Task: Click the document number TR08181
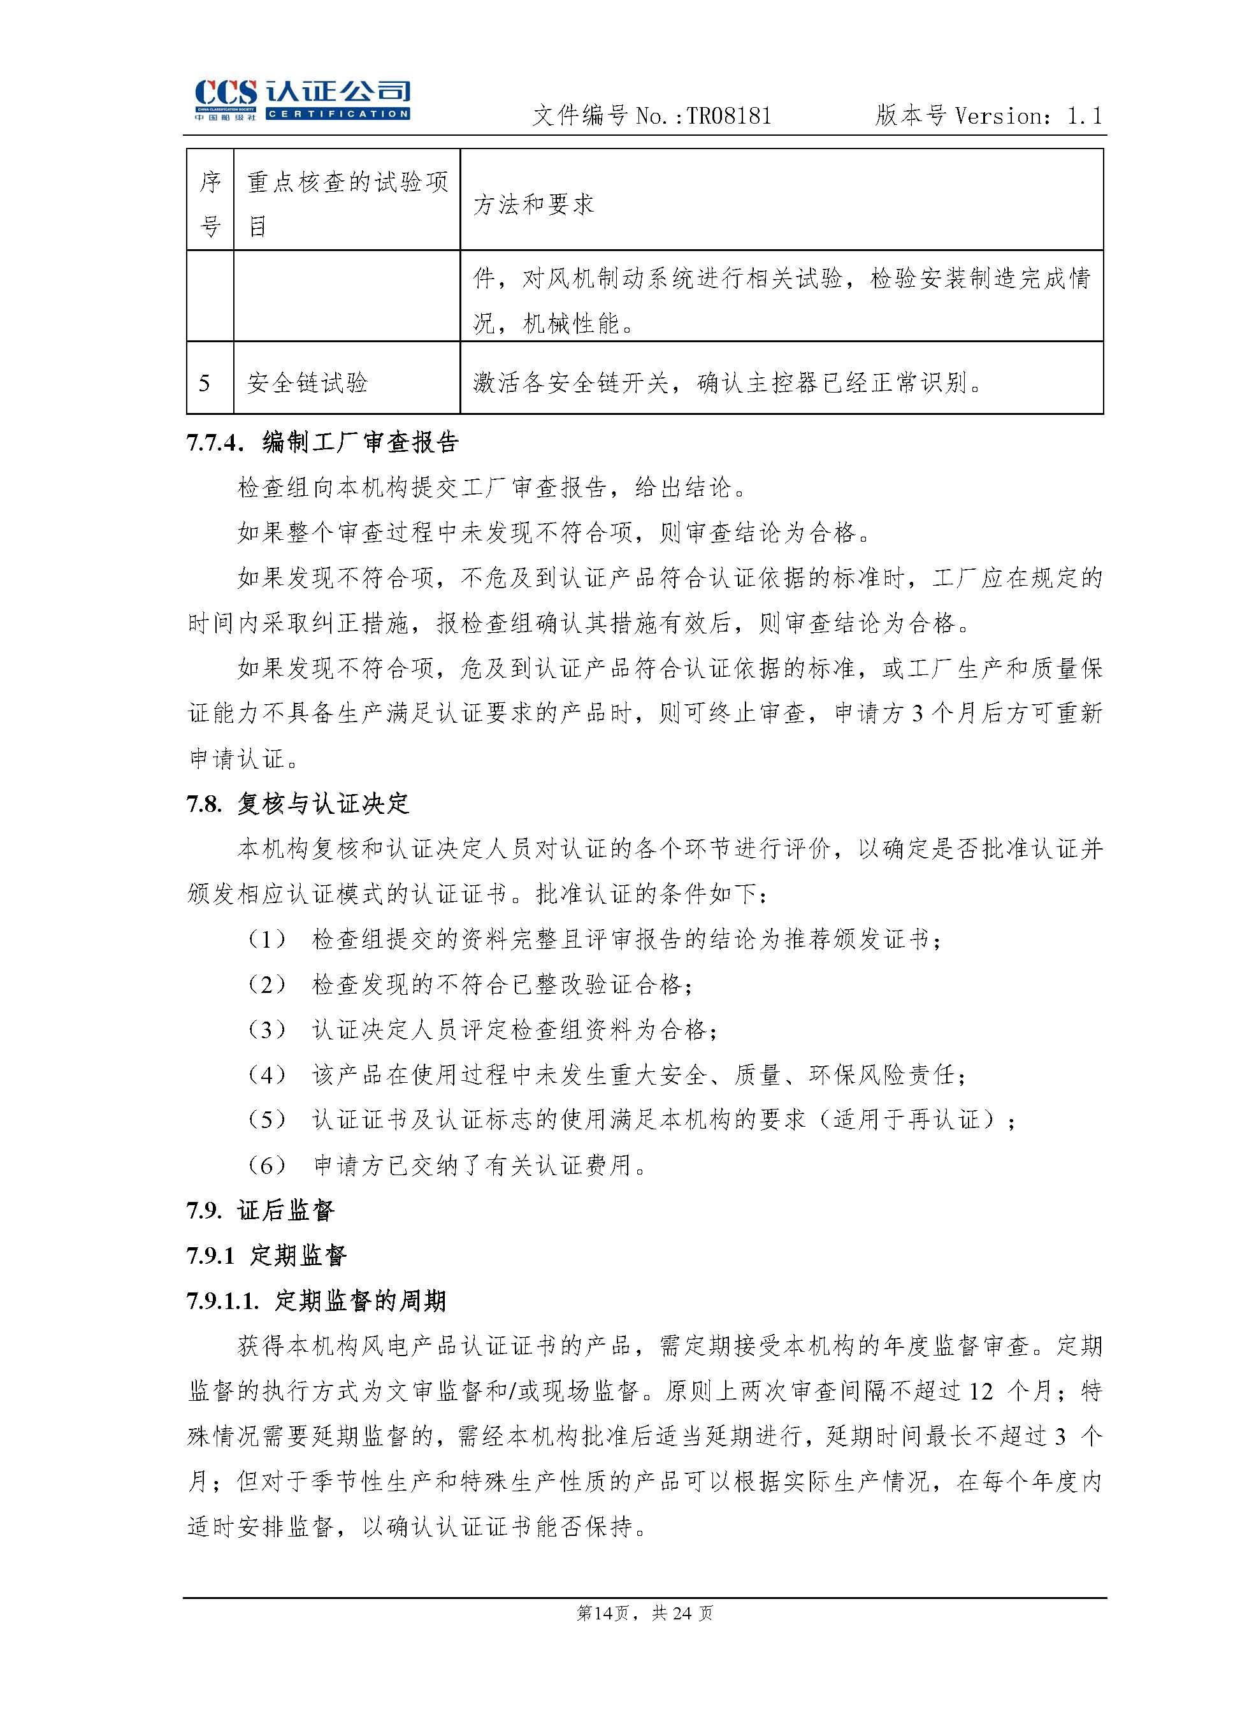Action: [x=729, y=116]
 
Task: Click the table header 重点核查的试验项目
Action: [x=347, y=203]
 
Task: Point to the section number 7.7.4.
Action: [x=215, y=443]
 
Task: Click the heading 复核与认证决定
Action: [x=324, y=804]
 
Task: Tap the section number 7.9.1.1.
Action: [x=222, y=1301]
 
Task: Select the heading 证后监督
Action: [x=285, y=1210]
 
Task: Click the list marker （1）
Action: [x=266, y=940]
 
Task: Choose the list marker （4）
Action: [x=266, y=1075]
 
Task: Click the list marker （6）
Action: [x=266, y=1166]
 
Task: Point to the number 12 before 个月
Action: [x=981, y=1392]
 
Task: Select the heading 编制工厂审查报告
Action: [x=361, y=443]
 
